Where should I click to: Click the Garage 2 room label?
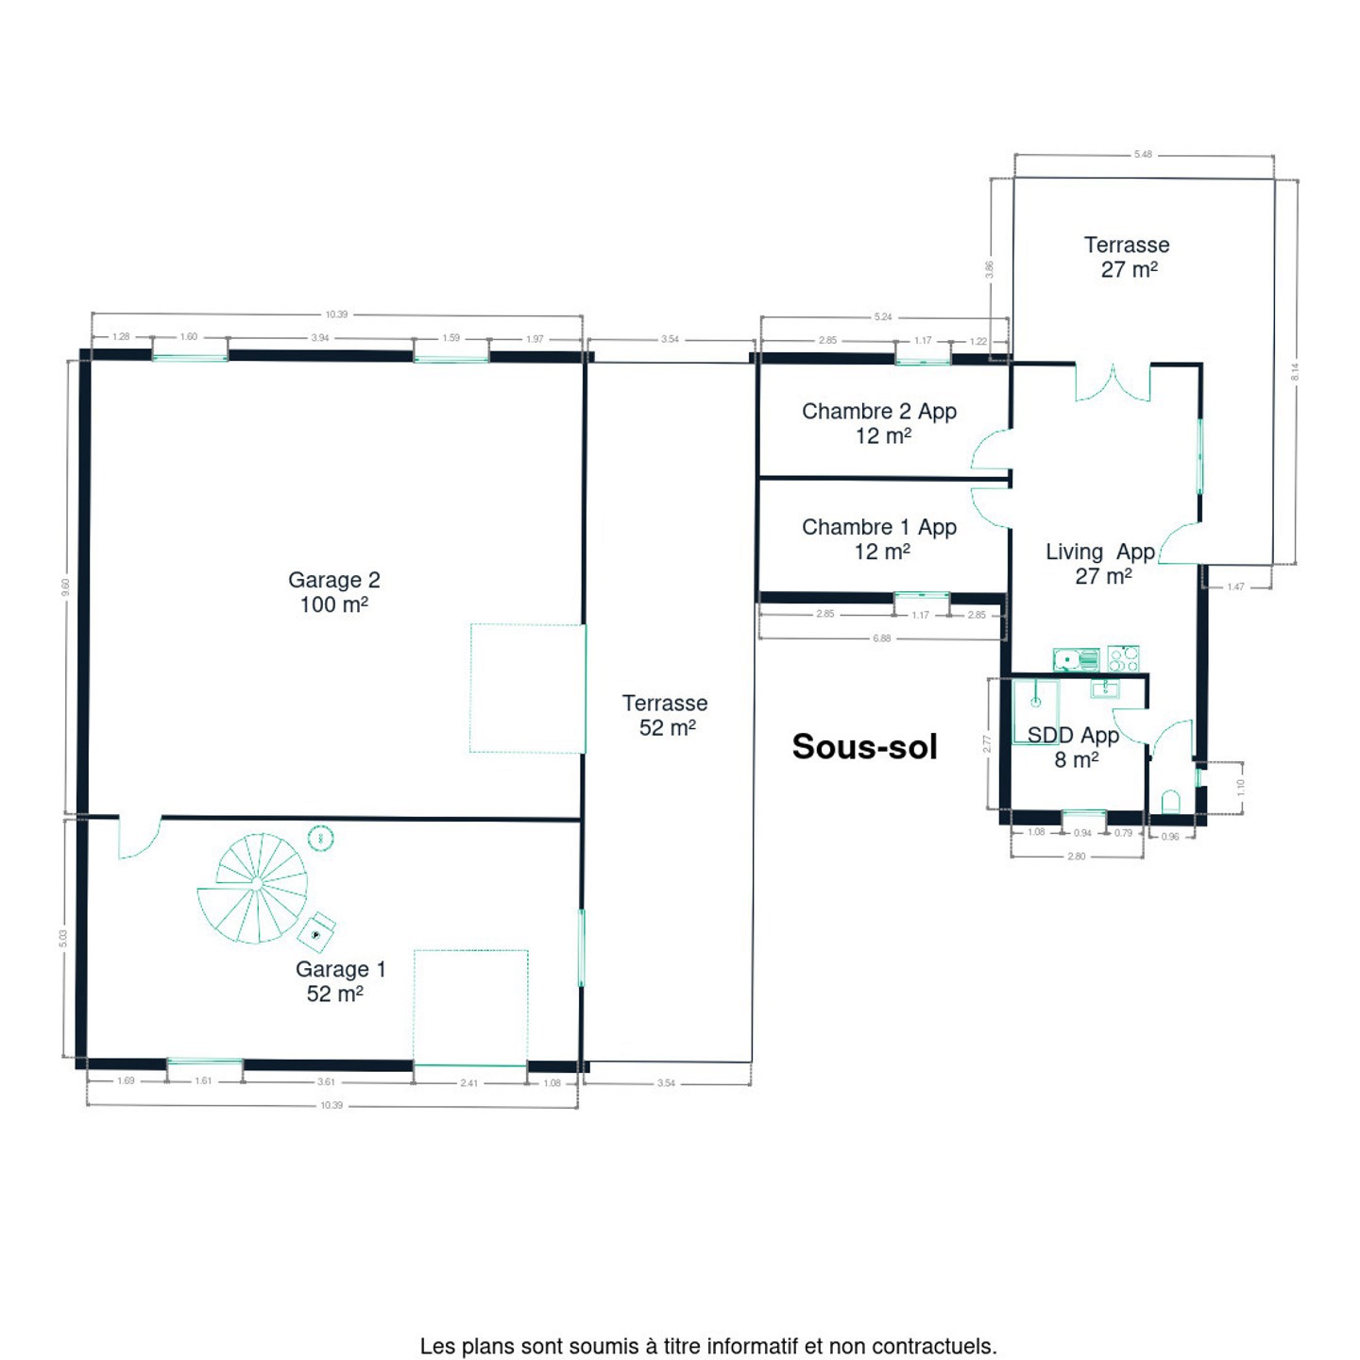pyautogui.click(x=333, y=591)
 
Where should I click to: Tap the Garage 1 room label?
pyautogui.click(x=340, y=981)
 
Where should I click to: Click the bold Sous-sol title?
pyautogui.click(x=864, y=747)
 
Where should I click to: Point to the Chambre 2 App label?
pyautogui.click(x=879, y=423)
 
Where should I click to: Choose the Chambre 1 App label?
pyautogui.click(x=879, y=538)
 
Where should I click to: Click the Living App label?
pyautogui.click(x=1100, y=563)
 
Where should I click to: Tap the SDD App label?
pyautogui.click(x=1074, y=747)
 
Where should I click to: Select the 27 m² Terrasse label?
pyautogui.click(x=1127, y=257)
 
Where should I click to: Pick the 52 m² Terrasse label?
pyautogui.click(x=665, y=715)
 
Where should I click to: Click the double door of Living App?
pyautogui.click(x=1113, y=382)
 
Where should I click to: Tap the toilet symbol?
pyautogui.click(x=1170, y=803)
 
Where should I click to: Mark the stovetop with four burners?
pyautogui.click(x=1123, y=658)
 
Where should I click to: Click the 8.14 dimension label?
pyautogui.click(x=1295, y=372)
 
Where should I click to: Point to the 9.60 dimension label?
pyautogui.click(x=65, y=587)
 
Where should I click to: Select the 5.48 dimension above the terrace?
pyautogui.click(x=1143, y=155)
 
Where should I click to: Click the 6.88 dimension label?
pyautogui.click(x=881, y=638)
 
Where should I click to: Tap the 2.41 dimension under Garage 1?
pyautogui.click(x=468, y=1082)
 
